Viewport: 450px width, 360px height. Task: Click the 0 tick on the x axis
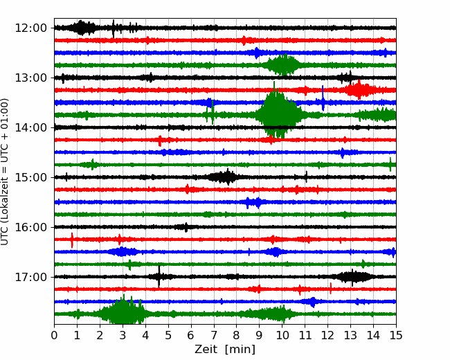point(55,336)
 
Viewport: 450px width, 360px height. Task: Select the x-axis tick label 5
point(168,336)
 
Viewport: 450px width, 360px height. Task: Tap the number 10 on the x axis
point(282,336)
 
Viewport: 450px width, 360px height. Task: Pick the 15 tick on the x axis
point(395,336)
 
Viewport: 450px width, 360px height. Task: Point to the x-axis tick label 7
point(214,336)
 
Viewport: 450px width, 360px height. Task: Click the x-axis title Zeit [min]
point(224,349)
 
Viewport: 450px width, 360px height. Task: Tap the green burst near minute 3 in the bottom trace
point(123,313)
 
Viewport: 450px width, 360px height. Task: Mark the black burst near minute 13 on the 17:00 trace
point(352,277)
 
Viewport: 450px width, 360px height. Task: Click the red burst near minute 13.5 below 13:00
point(360,89)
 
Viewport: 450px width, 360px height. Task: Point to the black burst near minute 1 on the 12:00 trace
point(83,28)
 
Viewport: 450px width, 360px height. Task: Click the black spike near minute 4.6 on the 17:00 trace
point(159,276)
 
